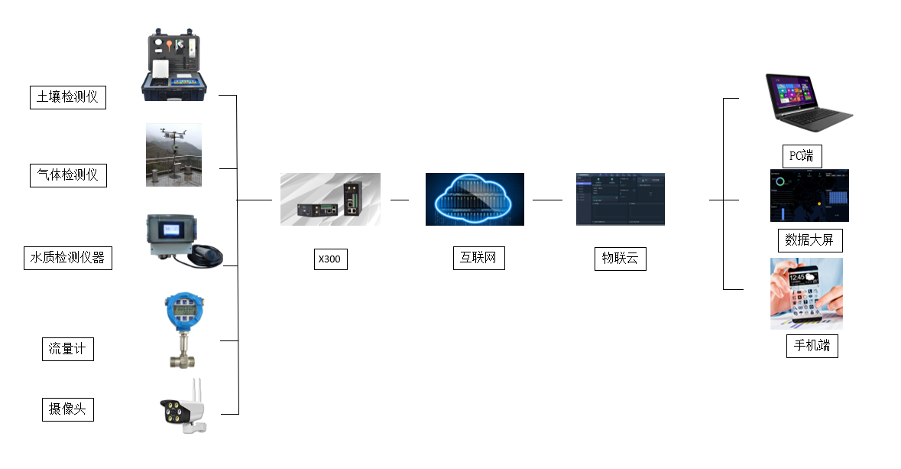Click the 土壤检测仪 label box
pos(68,97)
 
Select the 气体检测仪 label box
pos(68,174)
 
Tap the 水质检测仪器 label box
pos(67,257)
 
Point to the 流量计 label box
pos(67,349)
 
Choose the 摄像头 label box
pos(67,409)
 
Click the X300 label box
pos(329,259)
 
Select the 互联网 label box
pos(478,258)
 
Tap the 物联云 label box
pos(620,259)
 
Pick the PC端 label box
pos(802,156)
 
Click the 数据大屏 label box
pos(809,240)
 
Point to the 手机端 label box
pos(812,346)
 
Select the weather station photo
pos(174,155)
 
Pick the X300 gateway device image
pos(330,199)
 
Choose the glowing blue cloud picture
pos(475,199)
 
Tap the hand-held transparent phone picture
pos(806,294)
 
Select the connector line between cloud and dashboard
pos(547,199)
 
